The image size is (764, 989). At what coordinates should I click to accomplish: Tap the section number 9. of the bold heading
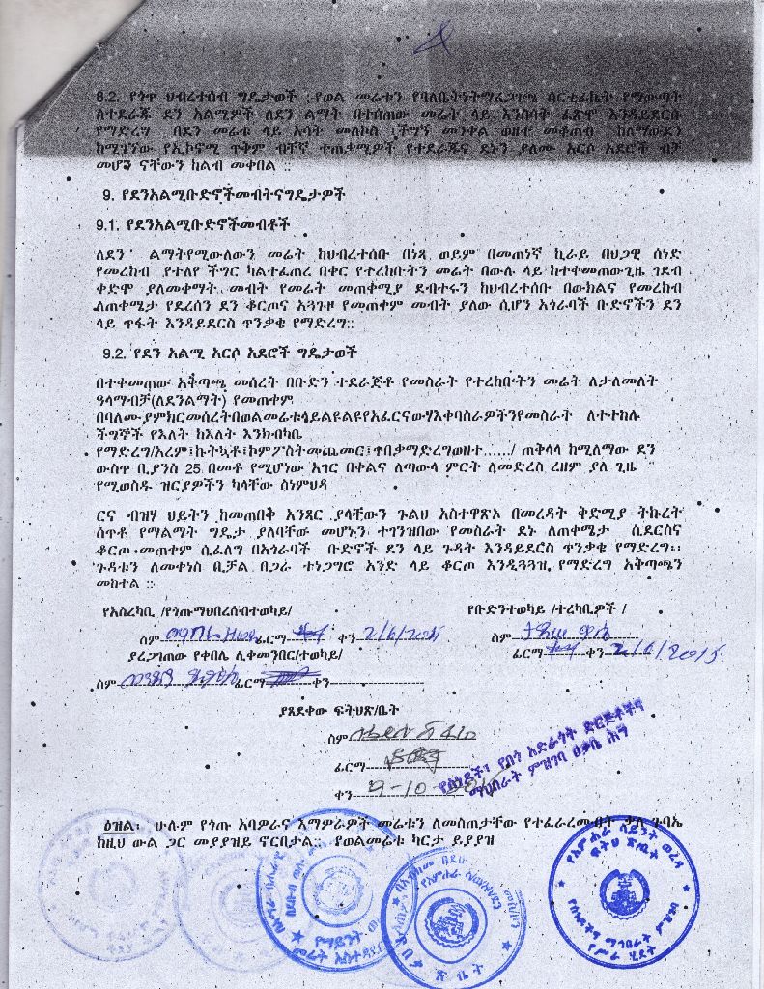coord(108,194)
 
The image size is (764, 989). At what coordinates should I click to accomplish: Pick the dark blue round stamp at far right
coord(624,890)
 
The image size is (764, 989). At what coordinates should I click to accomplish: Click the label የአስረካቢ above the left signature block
coord(127,610)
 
